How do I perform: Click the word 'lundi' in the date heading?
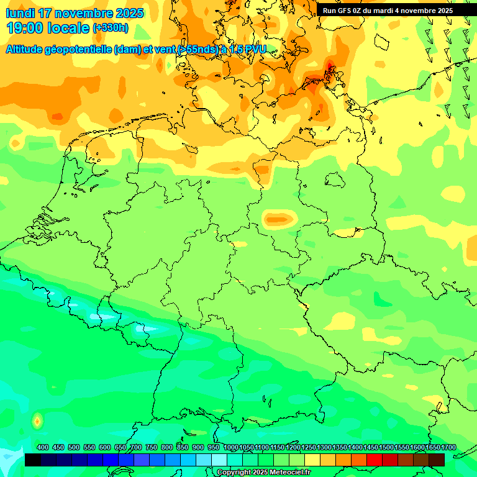(20, 13)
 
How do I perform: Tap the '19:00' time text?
(25, 28)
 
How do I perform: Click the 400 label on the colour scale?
(43, 448)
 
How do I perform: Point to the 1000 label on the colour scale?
(230, 448)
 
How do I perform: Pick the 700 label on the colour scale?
(136, 448)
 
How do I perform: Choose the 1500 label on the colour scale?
(386, 448)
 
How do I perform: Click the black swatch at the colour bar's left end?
(32, 460)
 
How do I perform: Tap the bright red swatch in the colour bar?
(374, 460)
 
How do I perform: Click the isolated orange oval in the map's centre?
(278, 219)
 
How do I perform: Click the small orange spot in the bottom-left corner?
(37, 421)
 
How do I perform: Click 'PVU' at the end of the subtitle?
(256, 50)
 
